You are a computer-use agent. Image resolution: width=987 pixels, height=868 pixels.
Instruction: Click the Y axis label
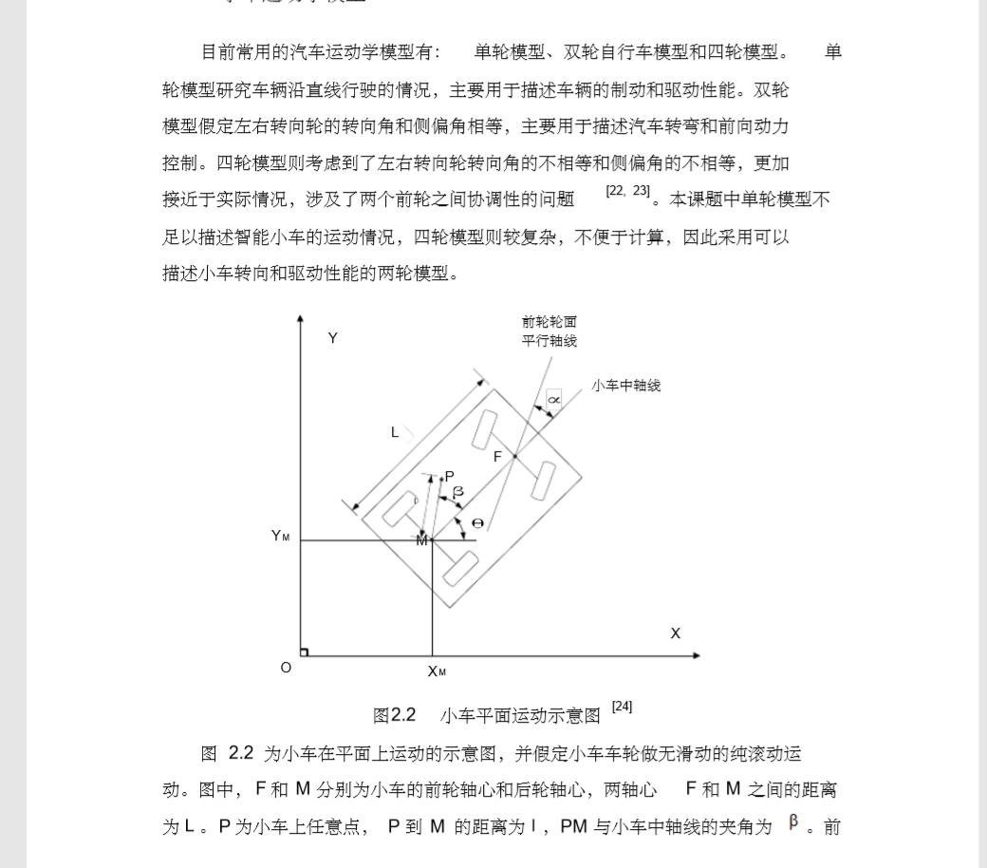pos(333,339)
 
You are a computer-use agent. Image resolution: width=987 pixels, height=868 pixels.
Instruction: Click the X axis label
pos(676,633)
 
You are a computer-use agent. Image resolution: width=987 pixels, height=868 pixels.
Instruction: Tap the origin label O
pos(286,668)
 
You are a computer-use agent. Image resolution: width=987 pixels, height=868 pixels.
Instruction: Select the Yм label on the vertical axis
pos(280,536)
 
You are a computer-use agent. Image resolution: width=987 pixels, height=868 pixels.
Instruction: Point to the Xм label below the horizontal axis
pos(437,671)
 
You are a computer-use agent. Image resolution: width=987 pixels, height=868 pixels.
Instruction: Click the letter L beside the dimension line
pos(396,433)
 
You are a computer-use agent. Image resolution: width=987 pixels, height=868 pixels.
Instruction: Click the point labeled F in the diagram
pos(497,457)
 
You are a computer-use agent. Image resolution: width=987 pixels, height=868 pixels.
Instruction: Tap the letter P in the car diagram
pos(449,476)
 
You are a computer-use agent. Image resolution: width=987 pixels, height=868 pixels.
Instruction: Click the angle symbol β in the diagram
pos(458,492)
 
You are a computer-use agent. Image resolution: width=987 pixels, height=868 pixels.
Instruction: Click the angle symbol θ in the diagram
pos(477,523)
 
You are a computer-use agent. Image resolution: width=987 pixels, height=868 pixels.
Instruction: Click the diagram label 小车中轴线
pos(626,386)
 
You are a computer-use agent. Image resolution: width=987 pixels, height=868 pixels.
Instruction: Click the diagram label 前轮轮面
pos(549,322)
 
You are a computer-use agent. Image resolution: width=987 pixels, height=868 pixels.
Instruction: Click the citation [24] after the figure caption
pos(622,707)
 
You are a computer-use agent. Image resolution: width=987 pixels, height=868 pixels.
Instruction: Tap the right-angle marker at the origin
pos(304,651)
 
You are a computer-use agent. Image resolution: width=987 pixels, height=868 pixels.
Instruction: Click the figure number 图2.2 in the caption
pos(395,715)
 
